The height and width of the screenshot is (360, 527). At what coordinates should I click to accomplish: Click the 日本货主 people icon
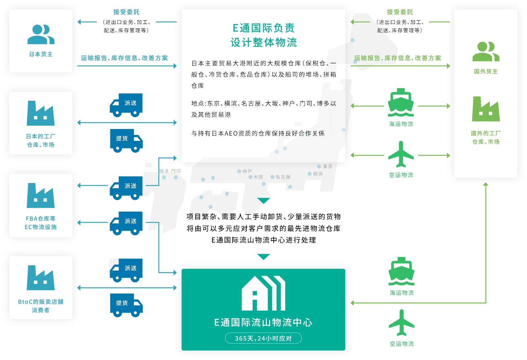(41, 34)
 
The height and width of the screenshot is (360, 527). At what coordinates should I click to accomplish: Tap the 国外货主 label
(485, 71)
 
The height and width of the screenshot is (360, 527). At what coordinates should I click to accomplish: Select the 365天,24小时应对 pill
(263, 338)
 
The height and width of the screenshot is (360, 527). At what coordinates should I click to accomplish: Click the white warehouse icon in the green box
(263, 293)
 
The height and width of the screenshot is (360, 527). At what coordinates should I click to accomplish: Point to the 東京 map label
(327, 167)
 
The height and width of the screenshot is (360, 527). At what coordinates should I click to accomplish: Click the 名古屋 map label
(283, 177)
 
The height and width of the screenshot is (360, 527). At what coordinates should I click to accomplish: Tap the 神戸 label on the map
(247, 171)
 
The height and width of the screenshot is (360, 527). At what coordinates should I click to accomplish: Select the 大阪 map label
(258, 177)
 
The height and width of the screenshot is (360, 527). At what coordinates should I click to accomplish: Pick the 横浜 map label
(318, 174)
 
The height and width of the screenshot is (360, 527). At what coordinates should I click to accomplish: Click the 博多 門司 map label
(170, 171)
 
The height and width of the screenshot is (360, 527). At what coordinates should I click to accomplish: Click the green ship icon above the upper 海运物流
(401, 102)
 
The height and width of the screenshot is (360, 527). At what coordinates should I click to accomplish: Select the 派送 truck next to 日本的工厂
(126, 105)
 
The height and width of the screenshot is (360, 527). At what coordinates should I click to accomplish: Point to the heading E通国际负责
(263, 28)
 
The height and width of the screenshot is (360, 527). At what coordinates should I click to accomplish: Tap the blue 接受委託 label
(126, 12)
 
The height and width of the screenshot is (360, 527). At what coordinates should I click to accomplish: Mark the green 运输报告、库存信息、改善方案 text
(398, 58)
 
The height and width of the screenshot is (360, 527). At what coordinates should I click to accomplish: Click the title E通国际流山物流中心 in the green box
(263, 322)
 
